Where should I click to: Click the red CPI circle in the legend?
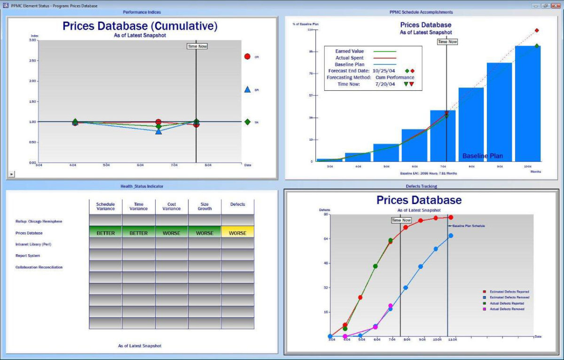tap(247, 57)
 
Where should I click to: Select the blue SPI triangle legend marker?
tap(247, 89)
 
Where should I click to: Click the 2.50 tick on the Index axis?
tap(33, 61)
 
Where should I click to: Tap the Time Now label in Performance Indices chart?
tap(196, 46)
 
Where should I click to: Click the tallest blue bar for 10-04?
tap(528, 103)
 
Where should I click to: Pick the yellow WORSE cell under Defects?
tap(237, 233)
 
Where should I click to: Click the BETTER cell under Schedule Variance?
tap(105, 233)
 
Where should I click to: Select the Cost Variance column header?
tap(172, 207)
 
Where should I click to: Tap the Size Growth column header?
tap(204, 207)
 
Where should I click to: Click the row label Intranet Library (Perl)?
tap(34, 244)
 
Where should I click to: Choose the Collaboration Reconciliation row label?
tap(39, 267)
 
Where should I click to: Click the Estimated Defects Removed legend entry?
tap(509, 297)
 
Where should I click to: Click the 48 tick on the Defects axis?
tap(325, 263)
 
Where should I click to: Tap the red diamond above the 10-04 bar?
tap(537, 31)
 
